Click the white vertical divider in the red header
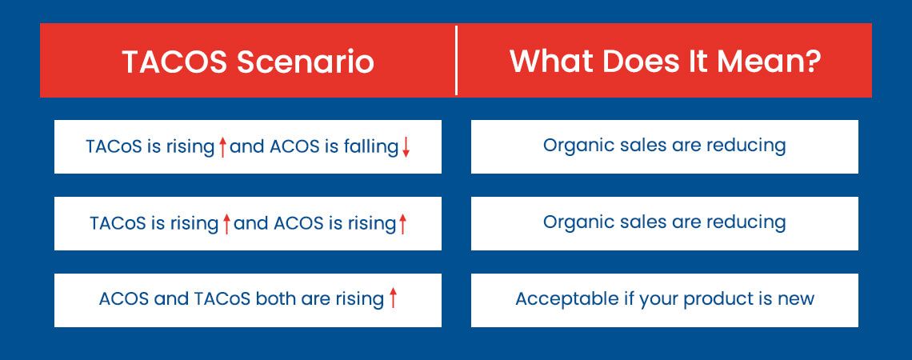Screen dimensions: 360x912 [456, 60]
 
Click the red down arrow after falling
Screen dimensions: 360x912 [406, 147]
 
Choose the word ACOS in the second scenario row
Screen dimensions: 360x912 [298, 223]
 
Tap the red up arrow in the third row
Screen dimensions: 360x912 [393, 299]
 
